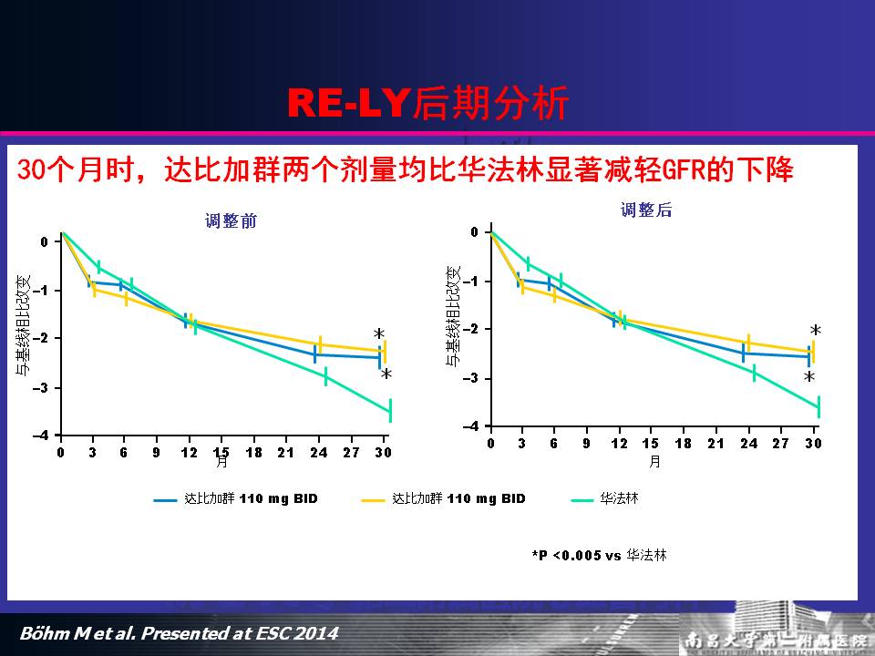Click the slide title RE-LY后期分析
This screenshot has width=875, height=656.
(428, 104)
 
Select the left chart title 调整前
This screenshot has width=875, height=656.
(230, 220)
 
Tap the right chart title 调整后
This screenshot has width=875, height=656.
(646, 210)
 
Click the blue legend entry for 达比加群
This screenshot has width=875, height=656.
(238, 498)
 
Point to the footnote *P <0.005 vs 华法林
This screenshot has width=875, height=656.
(599, 554)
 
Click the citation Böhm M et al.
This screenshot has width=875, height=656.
(178, 632)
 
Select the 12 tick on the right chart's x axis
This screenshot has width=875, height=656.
(620, 443)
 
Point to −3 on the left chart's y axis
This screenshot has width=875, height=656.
(43, 388)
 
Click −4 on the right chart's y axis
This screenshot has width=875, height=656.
(472, 426)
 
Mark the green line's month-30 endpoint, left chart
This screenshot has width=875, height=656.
(390, 412)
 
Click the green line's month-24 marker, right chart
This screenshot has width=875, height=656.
(754, 372)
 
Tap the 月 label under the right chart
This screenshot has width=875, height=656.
(654, 461)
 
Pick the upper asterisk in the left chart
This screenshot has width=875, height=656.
(379, 334)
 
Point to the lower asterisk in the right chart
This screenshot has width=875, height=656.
(808, 377)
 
